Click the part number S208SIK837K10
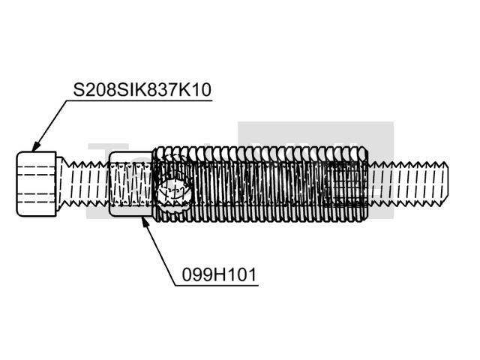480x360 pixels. (x=142, y=90)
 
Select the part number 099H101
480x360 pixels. (x=219, y=274)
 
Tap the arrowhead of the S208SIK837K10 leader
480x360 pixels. (x=35, y=145)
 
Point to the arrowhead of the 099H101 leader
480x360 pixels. (x=145, y=222)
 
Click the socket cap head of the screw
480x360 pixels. (x=37, y=184)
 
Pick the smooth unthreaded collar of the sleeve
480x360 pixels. (x=131, y=184)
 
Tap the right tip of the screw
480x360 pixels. (x=448, y=184)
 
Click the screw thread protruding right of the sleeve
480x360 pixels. (x=408, y=184)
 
